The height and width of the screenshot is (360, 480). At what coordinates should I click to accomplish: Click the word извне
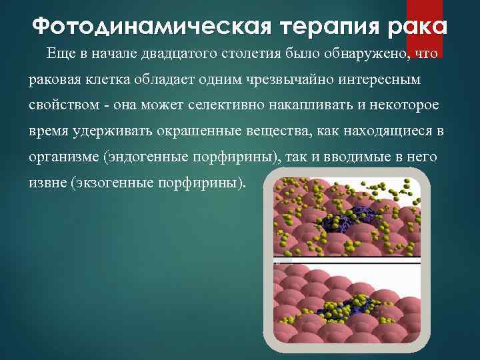(x=45, y=182)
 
